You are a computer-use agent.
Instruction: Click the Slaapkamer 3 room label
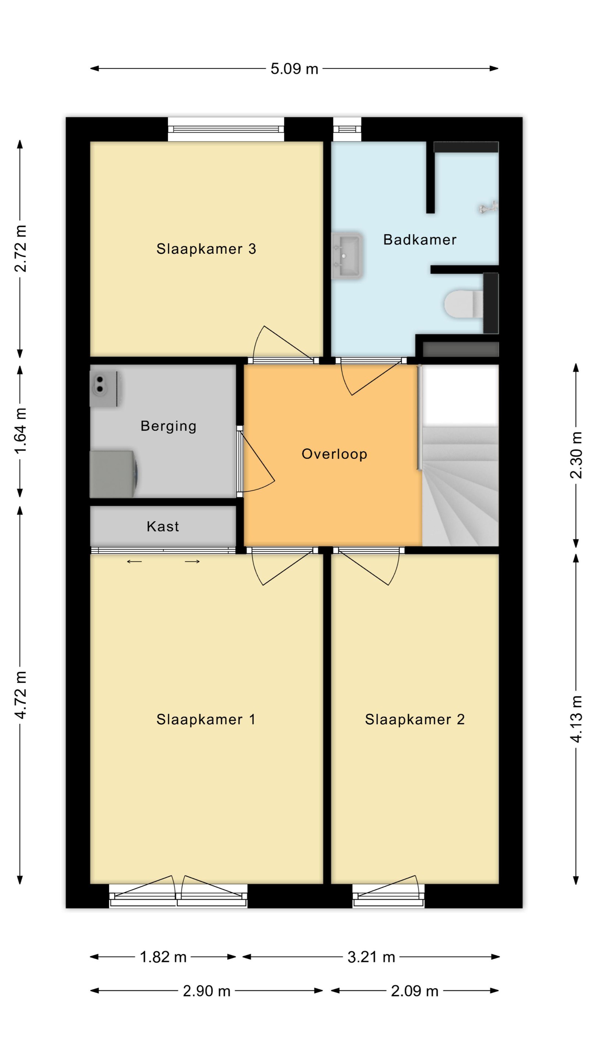206,249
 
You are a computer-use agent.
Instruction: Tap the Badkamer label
419,240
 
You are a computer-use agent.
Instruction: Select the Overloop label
334,454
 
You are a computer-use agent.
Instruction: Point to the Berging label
168,426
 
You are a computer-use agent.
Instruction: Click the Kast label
163,527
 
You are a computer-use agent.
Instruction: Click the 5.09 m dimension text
294,69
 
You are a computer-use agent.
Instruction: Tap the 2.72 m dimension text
20,249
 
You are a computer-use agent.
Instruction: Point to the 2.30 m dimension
576,455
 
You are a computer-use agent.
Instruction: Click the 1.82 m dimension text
163,958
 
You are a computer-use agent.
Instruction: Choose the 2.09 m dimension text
415,991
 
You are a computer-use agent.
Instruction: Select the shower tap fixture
489,208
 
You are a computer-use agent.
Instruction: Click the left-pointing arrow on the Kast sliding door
134,561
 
